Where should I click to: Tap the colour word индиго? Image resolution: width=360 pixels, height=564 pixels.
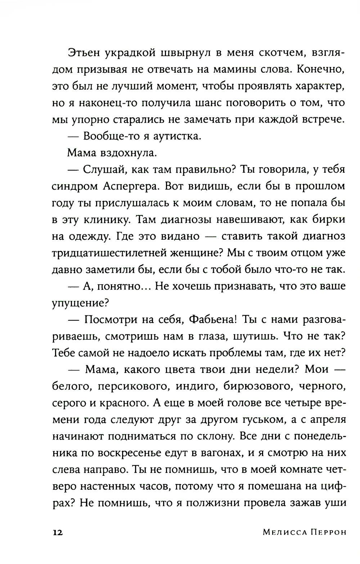coord(196,386)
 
